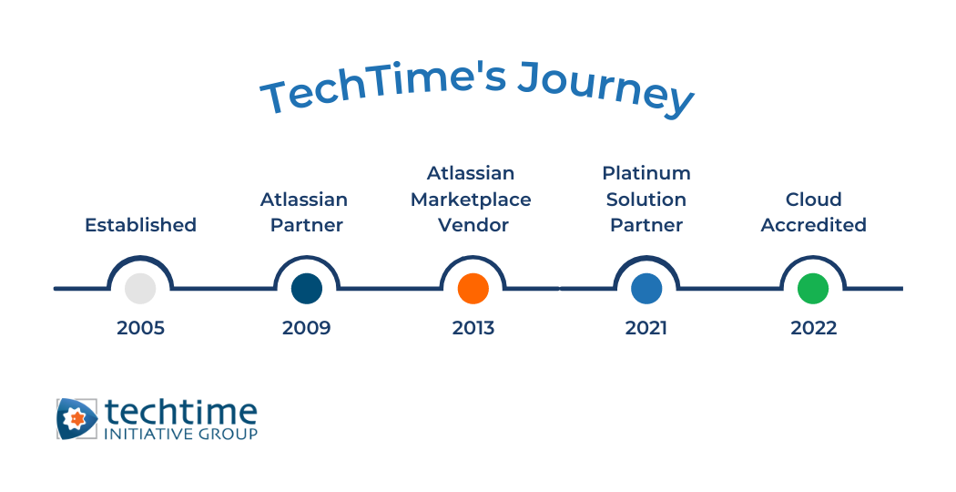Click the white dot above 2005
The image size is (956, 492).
[x=140, y=288]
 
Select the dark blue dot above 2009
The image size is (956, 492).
[x=306, y=288]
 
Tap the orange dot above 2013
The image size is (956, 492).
[x=473, y=288]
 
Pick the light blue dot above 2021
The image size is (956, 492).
[x=646, y=288]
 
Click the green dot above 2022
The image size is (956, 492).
[x=813, y=288]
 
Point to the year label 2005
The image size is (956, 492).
[x=140, y=328]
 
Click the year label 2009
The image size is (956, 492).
[x=306, y=328]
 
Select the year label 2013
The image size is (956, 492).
[x=473, y=328]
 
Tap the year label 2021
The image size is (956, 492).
[x=646, y=328]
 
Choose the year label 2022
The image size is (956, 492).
[x=813, y=328]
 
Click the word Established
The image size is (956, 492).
[x=140, y=225]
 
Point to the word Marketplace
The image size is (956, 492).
[x=471, y=199]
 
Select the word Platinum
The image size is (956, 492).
[x=646, y=173]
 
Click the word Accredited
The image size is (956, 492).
[x=813, y=225]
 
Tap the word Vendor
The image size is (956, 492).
[x=473, y=225]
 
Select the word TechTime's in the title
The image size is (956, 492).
[x=382, y=91]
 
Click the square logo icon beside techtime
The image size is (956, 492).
[x=76, y=419]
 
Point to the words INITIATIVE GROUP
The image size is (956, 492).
[x=181, y=434]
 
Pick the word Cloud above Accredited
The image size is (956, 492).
[x=813, y=199]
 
